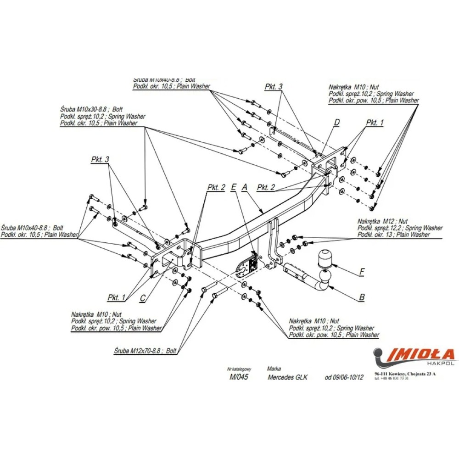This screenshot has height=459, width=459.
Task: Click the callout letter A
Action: click(245, 187)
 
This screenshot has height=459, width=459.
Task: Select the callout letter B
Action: click(362, 297)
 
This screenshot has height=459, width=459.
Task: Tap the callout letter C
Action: click(143, 298)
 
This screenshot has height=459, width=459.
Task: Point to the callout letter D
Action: click(336, 122)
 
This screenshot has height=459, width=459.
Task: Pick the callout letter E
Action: click(234, 187)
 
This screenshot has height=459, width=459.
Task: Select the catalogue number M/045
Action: click(239, 377)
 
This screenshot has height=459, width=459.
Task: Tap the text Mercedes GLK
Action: click(287, 377)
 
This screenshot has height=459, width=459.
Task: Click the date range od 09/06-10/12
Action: click(344, 377)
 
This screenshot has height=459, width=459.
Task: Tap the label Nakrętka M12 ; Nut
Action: click(382, 221)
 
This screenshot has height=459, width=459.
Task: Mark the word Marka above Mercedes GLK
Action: click(274, 369)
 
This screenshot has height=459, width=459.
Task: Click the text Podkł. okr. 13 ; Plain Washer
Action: click(394, 235)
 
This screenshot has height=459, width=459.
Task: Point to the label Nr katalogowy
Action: click(239, 369)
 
